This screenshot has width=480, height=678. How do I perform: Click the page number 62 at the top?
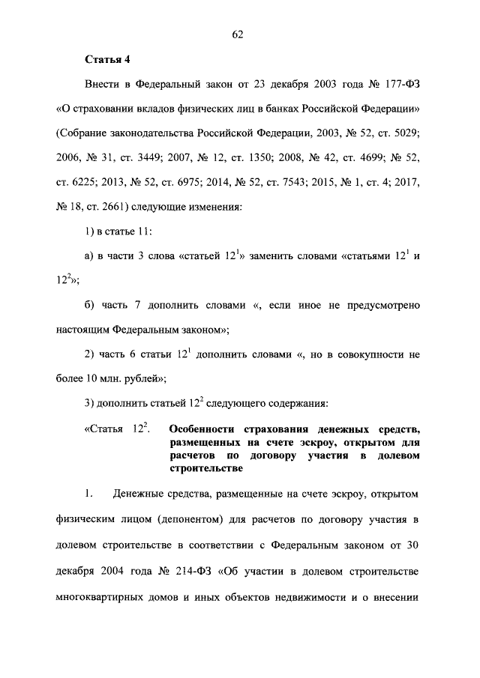(239, 34)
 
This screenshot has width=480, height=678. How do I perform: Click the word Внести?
(104, 85)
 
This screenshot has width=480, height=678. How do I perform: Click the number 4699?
(349, 159)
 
